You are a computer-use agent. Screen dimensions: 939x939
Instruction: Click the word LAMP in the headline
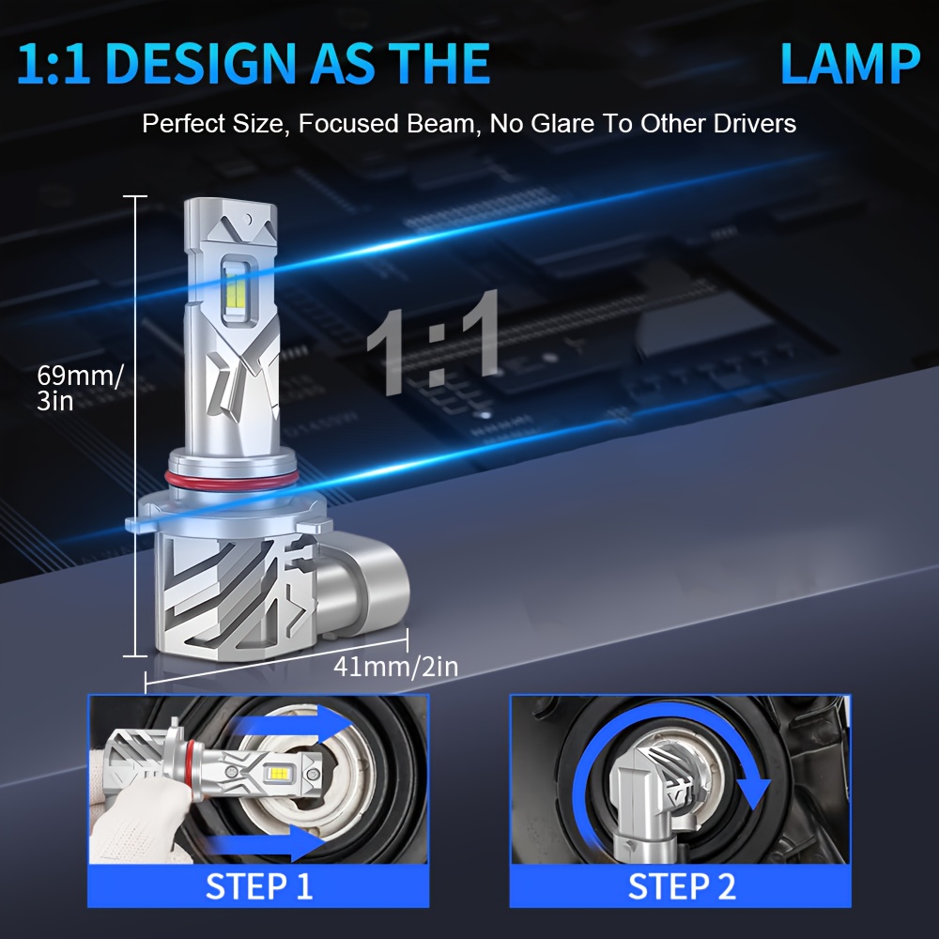point(850,64)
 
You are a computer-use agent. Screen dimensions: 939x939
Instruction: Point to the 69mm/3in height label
point(80,388)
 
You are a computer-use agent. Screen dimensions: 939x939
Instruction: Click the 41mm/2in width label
point(395,667)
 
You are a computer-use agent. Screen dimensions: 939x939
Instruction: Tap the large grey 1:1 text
point(433,344)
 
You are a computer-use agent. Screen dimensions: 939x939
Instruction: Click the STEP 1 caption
point(259,886)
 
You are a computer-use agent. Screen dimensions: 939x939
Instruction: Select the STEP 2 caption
point(682,886)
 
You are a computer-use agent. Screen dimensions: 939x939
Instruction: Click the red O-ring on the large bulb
point(231,480)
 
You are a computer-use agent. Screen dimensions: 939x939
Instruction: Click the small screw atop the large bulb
point(247,220)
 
